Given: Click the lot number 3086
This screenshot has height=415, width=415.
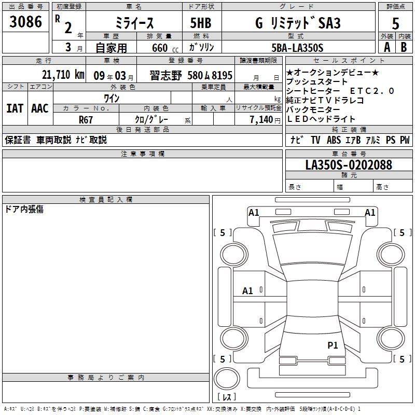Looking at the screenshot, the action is pyautogui.click(x=25, y=21).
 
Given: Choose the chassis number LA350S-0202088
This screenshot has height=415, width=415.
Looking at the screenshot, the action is pyautogui.click(x=349, y=165).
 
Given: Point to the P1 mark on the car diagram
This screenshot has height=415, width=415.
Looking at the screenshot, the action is pyautogui.click(x=333, y=345).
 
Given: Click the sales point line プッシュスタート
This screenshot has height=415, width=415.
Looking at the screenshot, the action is pyautogui.click(x=316, y=82).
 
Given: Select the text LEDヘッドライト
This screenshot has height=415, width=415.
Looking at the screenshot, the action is pyautogui.click(x=321, y=119).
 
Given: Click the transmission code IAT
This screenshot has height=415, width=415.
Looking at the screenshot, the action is pyautogui.click(x=15, y=108).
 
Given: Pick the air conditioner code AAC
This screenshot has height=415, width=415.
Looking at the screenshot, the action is pyautogui.click(x=39, y=108).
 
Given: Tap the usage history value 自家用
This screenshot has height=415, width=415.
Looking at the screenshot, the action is pyautogui.click(x=111, y=48).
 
